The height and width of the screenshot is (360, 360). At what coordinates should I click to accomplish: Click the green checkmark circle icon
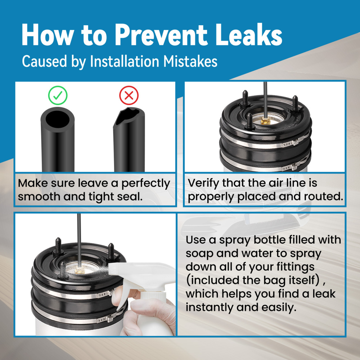[58, 95]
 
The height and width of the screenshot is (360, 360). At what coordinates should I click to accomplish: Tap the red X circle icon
[129, 95]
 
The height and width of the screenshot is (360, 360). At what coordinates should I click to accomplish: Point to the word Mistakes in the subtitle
[190, 62]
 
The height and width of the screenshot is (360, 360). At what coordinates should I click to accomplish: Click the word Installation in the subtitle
[125, 62]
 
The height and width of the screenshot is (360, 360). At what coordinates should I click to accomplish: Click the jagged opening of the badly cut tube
[128, 116]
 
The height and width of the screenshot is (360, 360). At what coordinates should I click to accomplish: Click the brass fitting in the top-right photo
[265, 120]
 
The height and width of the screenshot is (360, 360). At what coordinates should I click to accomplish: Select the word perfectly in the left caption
[145, 184]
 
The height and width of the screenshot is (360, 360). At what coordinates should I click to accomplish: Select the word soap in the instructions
[199, 254]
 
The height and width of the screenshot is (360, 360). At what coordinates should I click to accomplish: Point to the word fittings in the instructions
[295, 267]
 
